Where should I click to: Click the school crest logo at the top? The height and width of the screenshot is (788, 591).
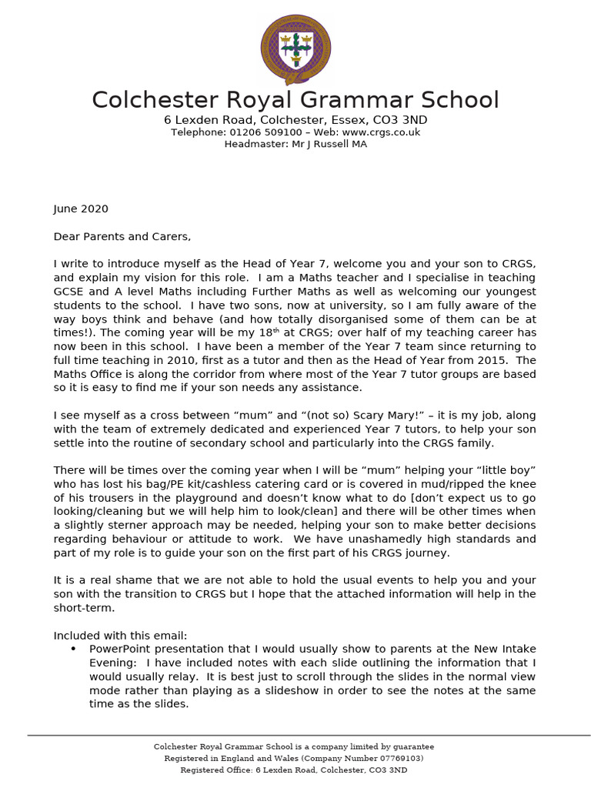pos(295,47)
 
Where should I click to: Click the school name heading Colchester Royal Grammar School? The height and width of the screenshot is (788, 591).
pos(295,100)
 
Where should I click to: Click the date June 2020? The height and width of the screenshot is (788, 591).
pos(81,209)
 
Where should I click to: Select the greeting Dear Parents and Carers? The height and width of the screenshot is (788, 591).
pos(122,236)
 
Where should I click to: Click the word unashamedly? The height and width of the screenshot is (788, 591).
pos(363,539)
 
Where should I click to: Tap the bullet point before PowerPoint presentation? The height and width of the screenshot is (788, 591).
pos(73,649)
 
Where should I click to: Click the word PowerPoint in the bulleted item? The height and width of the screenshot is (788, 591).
pos(121,649)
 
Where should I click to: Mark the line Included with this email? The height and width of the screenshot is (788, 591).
pos(120,636)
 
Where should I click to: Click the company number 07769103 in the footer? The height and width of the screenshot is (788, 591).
pos(392,758)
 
